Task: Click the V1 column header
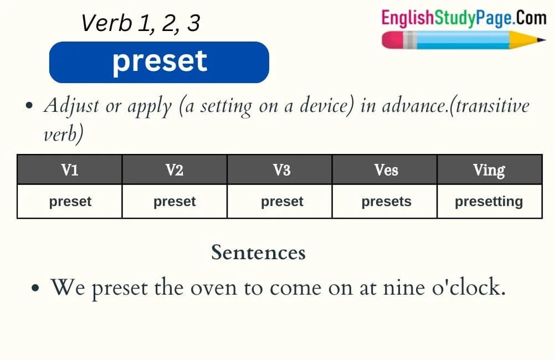70,169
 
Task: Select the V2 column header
175,169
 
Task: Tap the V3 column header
281,169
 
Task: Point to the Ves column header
386,169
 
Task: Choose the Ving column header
489,169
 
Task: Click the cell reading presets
386,202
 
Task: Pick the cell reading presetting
489,202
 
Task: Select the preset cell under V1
70,202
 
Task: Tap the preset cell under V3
282,202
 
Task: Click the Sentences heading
258,253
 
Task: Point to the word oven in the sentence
214,288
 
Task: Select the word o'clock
469,286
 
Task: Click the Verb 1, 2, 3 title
141,23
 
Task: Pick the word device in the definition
327,105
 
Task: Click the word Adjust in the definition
71,106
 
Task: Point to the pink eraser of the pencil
393,40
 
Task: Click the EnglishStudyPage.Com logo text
464,18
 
